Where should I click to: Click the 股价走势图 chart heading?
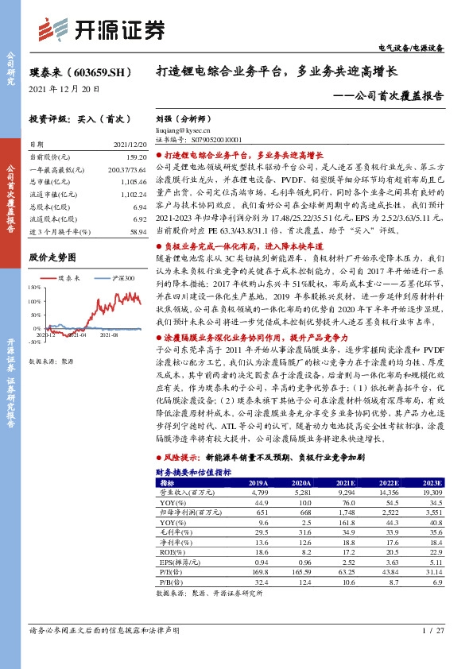[x=52, y=257]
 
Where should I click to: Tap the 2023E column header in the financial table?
[x=430, y=482]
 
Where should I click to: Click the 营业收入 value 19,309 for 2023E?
[x=429, y=493]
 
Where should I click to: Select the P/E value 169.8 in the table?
[x=256, y=571]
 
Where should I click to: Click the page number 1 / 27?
[x=432, y=630]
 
